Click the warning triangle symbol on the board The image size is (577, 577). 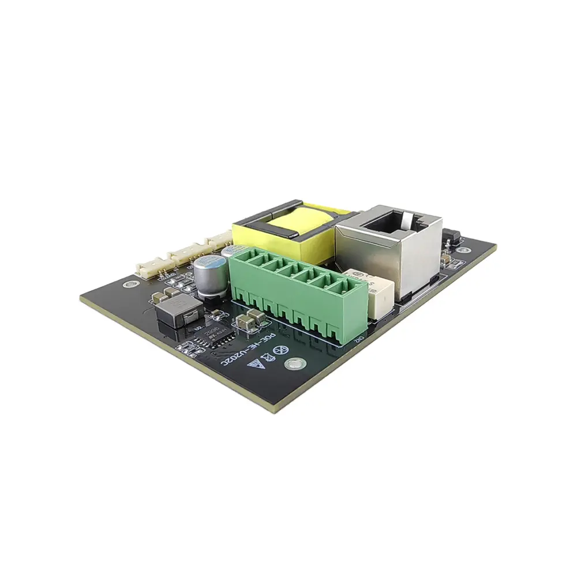pos(252,364)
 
